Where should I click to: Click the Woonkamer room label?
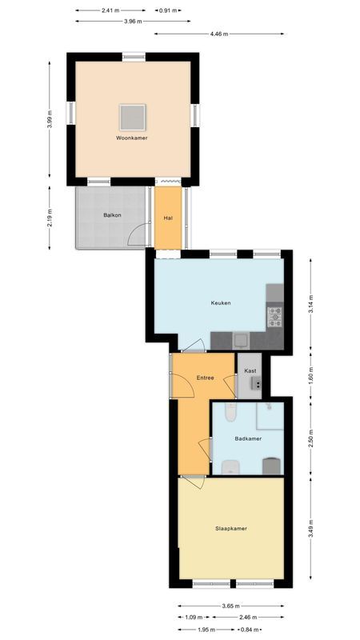coord(131,138)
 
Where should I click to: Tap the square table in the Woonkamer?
coord(132,117)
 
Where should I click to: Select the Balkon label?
coord(111,215)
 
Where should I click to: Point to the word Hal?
coord(168,218)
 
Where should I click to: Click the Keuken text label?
coord(221,303)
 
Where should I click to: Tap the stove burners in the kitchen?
coord(274,317)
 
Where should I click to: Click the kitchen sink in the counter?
coord(239,338)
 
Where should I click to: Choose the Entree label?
coord(205,377)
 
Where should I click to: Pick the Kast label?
coord(250,371)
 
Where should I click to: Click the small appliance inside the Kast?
coord(257,385)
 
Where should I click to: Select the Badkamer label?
coord(247,438)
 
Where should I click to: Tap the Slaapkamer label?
coord(230,528)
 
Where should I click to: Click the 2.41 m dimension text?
coord(111,10)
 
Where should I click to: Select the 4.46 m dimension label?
coord(218,34)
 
